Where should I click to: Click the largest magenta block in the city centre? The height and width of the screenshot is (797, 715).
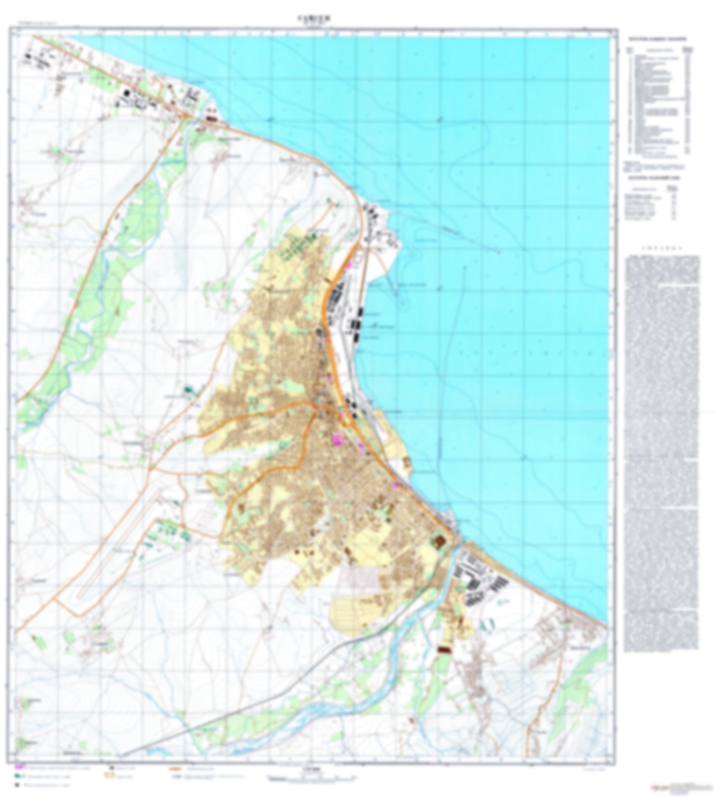tap(337, 439)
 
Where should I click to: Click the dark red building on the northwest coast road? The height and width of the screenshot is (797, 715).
tap(212, 119)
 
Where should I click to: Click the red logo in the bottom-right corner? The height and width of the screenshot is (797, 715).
tap(659, 787)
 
